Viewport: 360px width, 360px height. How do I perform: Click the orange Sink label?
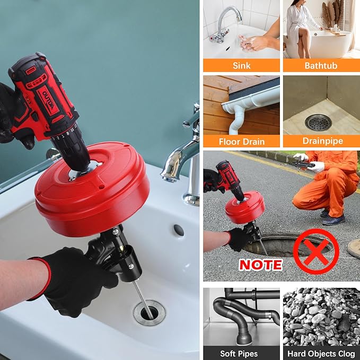tap(241, 66)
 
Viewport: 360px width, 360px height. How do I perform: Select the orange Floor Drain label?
tap(241, 142)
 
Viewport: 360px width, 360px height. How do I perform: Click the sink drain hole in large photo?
tap(149, 312)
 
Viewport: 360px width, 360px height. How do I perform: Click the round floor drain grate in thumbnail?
tap(319, 122)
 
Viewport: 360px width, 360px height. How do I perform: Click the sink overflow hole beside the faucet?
tap(179, 230)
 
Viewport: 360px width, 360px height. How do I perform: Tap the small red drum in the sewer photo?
tap(244, 210)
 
